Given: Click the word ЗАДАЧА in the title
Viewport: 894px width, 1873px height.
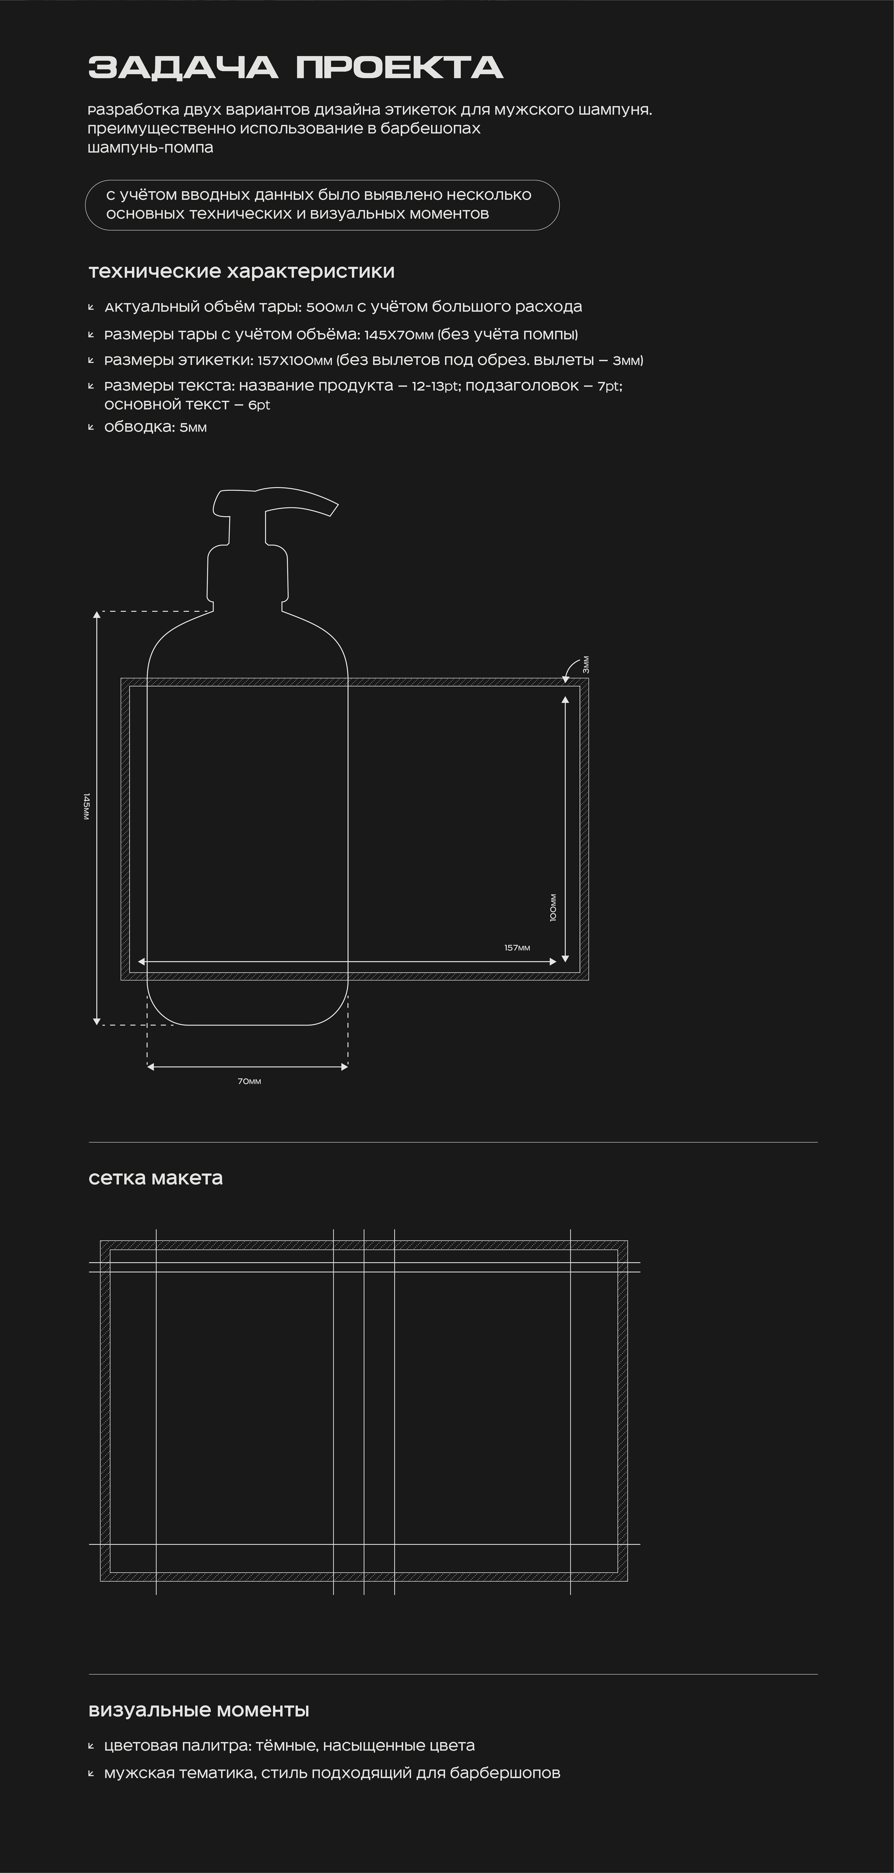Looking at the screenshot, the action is [x=183, y=68].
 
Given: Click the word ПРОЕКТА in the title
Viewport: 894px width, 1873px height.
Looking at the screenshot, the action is [x=399, y=68].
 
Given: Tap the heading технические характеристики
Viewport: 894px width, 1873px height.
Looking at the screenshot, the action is [x=241, y=271].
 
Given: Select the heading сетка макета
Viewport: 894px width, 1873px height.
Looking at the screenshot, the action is [x=156, y=1178].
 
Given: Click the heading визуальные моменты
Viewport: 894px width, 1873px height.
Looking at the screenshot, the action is [x=199, y=1710].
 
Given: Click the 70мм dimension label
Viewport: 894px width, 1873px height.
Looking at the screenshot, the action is [x=250, y=1081].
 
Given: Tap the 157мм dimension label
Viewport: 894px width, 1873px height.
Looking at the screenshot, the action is [x=517, y=947].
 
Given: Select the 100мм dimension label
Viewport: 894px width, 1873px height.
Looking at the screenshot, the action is [x=553, y=908].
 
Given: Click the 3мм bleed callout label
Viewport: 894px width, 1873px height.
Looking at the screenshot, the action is [x=586, y=665].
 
